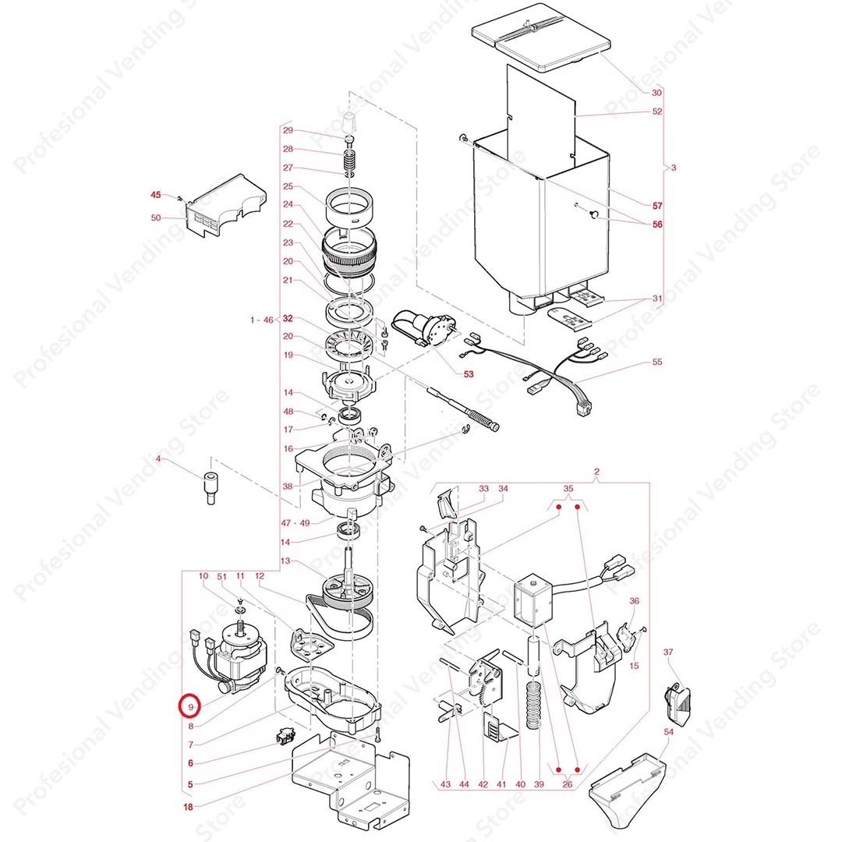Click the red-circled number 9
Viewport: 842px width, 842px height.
point(190,707)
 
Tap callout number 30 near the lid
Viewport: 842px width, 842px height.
point(656,92)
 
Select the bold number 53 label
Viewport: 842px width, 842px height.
point(469,373)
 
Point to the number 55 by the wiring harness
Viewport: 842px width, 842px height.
point(657,362)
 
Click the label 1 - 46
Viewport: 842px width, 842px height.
point(261,320)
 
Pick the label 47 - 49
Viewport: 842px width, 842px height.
point(295,523)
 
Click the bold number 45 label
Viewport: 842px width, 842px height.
point(156,194)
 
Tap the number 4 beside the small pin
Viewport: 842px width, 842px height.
point(157,458)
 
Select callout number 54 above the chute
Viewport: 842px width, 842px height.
point(669,732)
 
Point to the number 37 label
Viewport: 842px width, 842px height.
point(668,652)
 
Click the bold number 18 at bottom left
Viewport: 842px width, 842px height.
point(188,807)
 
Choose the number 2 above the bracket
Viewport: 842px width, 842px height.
point(596,472)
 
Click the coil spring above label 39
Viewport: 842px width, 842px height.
point(533,705)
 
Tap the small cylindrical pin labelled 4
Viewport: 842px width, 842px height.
point(210,487)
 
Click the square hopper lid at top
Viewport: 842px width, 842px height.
point(541,41)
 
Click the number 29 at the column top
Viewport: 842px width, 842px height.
point(288,130)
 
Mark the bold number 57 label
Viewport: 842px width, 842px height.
point(657,206)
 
